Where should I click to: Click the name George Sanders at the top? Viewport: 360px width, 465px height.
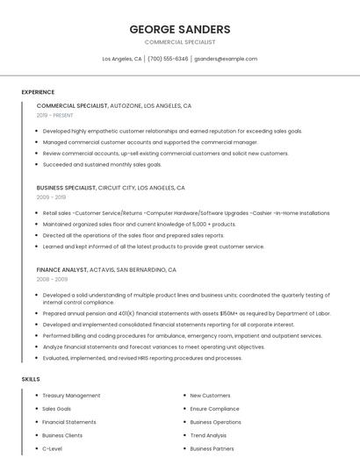click(x=180, y=29)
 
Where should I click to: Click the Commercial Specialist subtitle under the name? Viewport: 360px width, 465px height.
click(x=180, y=42)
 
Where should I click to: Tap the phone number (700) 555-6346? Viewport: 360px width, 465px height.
click(x=168, y=59)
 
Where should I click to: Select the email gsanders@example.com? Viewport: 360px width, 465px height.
click(x=226, y=59)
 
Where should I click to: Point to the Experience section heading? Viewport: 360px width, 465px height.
click(x=38, y=92)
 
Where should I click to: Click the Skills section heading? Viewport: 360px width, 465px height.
click(x=31, y=379)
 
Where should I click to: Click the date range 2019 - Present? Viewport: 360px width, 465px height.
click(x=55, y=115)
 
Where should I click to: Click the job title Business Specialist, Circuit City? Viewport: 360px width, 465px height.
click(x=111, y=188)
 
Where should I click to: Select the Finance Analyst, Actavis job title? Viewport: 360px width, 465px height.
click(x=106, y=269)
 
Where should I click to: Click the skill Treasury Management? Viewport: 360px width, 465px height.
click(x=71, y=396)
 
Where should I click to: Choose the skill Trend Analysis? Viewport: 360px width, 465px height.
click(x=208, y=435)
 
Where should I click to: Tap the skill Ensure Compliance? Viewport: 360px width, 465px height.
click(x=214, y=409)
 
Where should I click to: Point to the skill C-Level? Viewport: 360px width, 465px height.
click(x=52, y=448)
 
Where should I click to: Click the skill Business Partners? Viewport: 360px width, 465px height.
click(x=212, y=448)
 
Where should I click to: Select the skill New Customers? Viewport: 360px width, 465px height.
click(x=210, y=396)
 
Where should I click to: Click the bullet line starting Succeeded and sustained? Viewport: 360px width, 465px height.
click(x=102, y=164)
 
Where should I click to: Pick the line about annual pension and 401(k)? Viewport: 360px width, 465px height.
click(x=186, y=313)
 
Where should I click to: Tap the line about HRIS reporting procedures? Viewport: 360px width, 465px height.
click(x=142, y=358)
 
